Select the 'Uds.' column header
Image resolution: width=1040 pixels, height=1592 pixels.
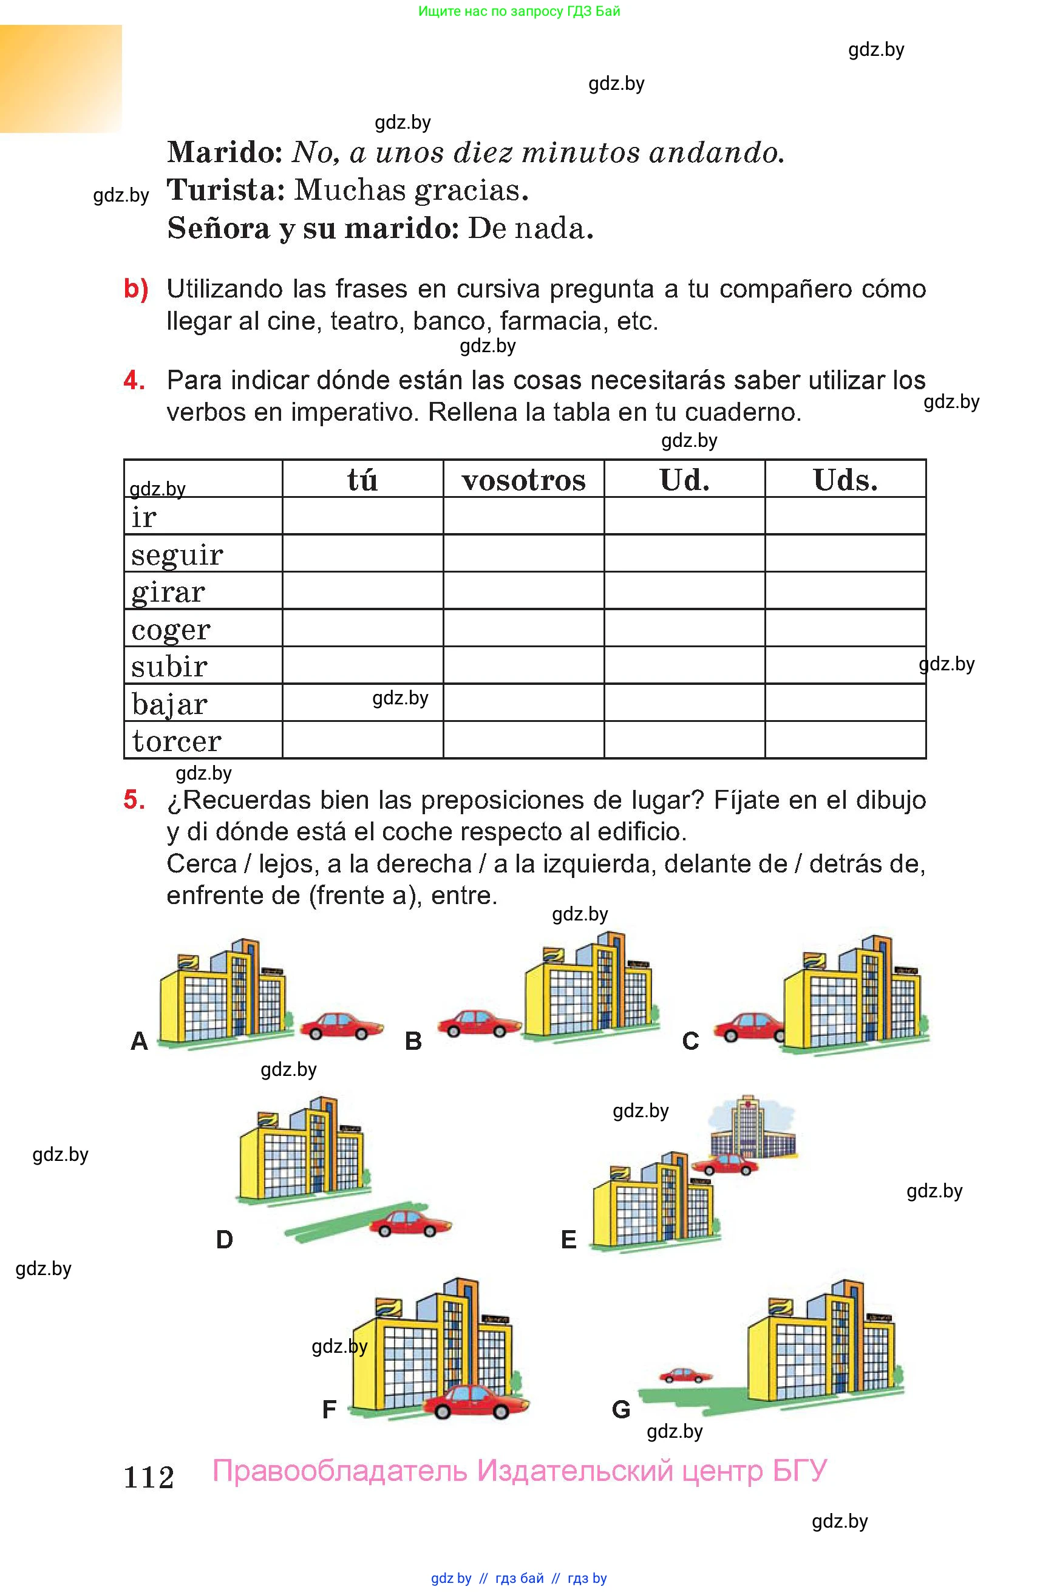(x=845, y=480)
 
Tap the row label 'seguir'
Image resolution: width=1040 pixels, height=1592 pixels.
(x=177, y=554)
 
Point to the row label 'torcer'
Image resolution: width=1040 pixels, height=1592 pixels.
(x=177, y=741)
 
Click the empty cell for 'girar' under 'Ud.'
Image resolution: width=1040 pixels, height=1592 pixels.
(x=684, y=591)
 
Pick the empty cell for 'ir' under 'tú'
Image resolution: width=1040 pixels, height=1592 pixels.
(x=362, y=515)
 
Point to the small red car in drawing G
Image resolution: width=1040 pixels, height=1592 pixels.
(x=685, y=1375)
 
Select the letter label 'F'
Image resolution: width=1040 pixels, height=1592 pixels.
(x=329, y=1409)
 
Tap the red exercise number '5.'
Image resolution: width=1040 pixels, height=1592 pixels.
(x=134, y=800)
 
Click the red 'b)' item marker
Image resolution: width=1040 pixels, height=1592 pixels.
(x=136, y=289)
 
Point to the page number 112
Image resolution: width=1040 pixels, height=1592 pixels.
(x=149, y=1478)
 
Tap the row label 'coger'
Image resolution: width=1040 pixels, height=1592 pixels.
(x=171, y=630)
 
